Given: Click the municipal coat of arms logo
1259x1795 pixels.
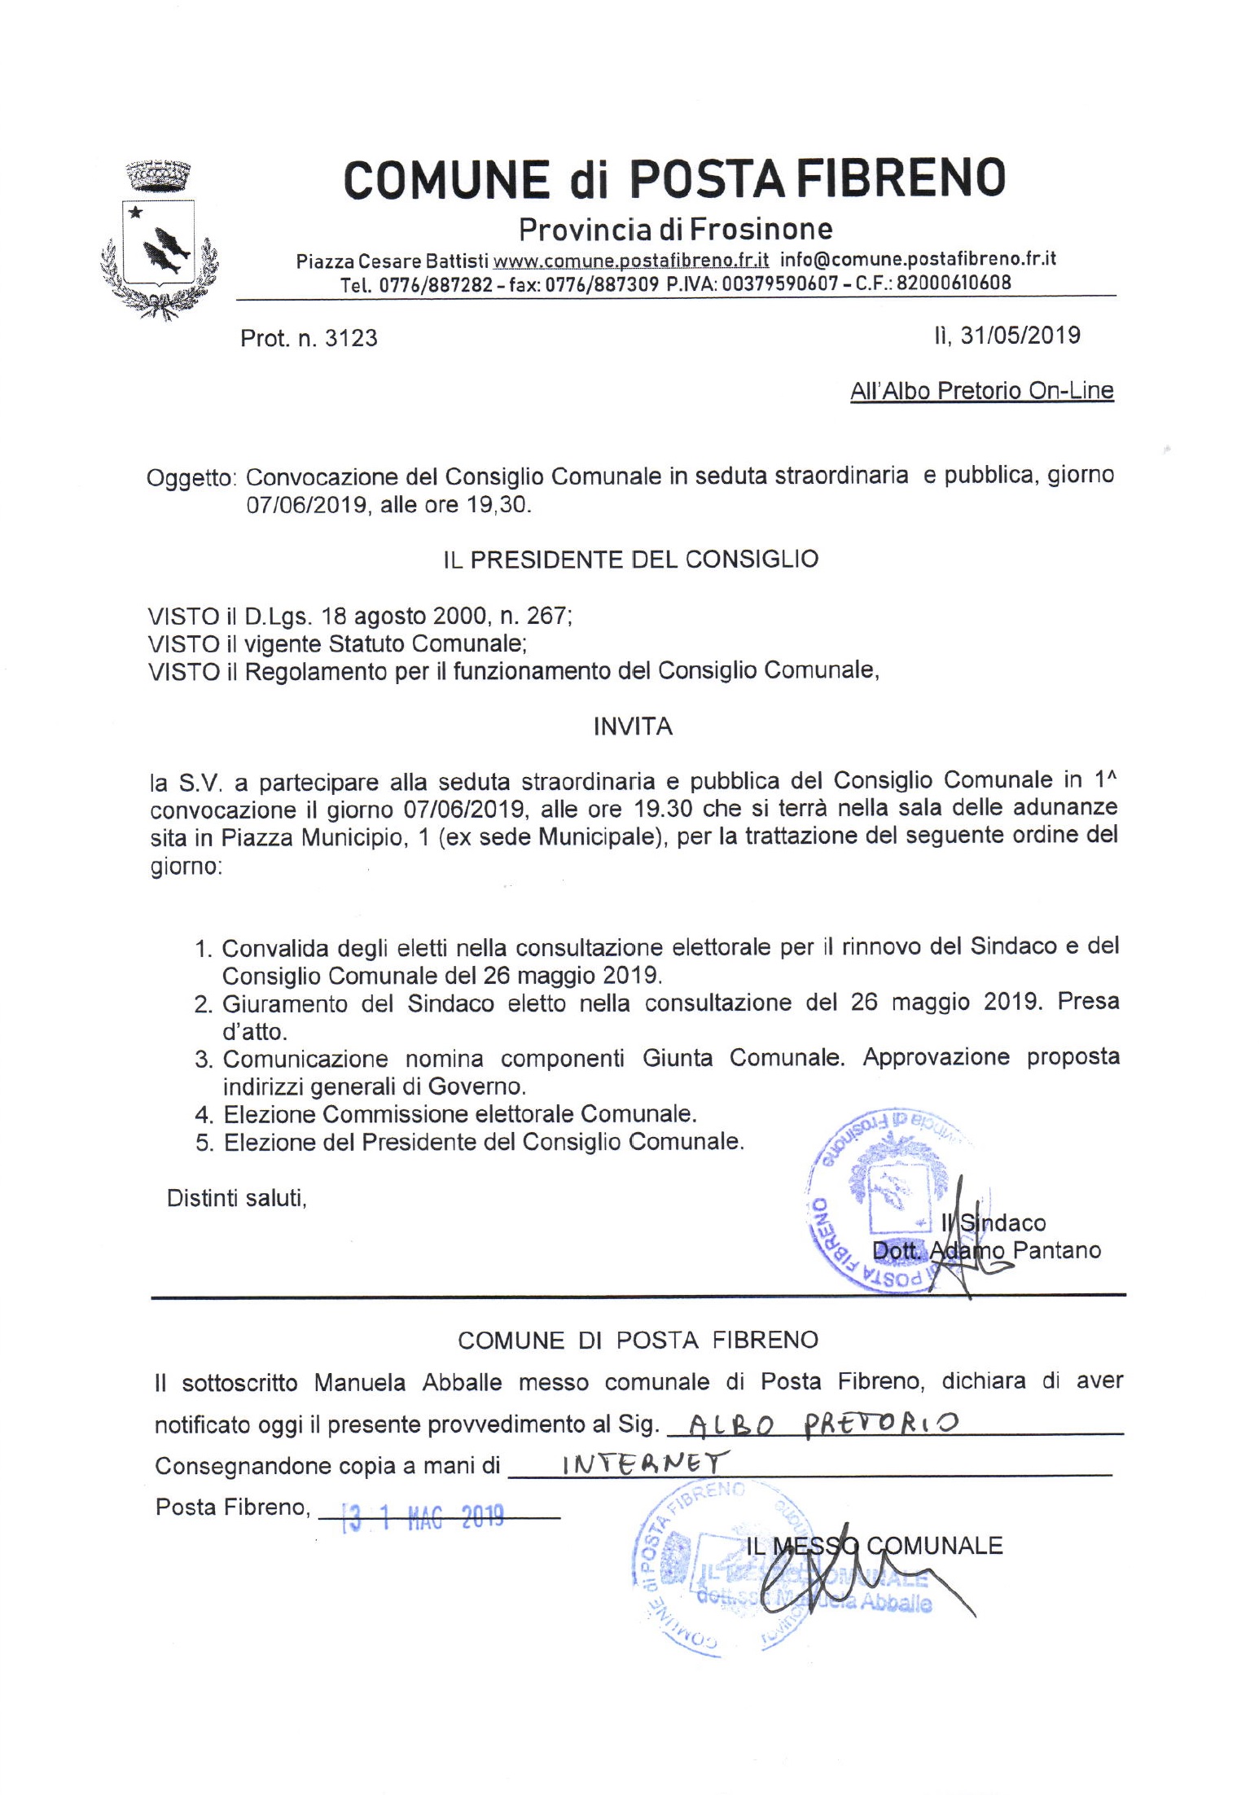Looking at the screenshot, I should pos(160,239).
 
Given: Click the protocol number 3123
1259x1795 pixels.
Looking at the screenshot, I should pos(351,338).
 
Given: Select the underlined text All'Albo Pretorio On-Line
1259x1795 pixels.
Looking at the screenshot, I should pos(981,391).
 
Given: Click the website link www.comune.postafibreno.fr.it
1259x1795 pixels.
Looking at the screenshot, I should pos(631,260).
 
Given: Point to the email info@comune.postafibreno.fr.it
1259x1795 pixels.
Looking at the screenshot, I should pos(918,259).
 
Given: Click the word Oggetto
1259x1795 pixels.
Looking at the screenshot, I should pos(190,477).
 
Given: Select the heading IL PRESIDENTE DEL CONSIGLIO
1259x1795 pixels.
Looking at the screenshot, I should pos(631,560).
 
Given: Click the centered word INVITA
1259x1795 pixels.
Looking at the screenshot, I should pos(633,726).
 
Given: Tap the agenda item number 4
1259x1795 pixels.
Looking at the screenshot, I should pos(204,1114).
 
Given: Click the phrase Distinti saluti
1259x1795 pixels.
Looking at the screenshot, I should pos(236,1198).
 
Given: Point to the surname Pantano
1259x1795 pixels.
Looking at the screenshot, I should pos(1057,1250).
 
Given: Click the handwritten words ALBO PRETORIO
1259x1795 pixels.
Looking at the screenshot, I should pos(823,1424).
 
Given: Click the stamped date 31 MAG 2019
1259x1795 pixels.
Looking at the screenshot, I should pos(423,1516).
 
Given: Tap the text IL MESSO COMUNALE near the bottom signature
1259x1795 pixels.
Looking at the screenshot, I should pos(874,1546).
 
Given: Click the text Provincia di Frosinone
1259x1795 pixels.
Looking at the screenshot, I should pos(675,230).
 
